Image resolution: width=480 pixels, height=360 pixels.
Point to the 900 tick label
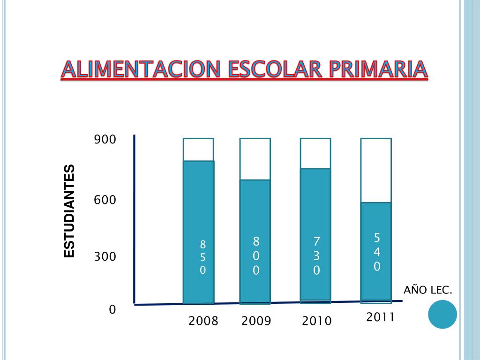tap(105, 140)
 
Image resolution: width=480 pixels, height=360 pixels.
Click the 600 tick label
tap(105, 200)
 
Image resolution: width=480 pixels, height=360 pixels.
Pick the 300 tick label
tap(105, 256)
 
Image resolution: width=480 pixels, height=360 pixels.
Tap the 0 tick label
tap(112, 309)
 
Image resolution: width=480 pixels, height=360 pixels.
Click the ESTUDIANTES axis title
tap(69, 211)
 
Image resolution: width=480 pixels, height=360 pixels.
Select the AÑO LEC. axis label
tap(428, 290)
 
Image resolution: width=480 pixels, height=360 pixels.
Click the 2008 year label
tap(203, 321)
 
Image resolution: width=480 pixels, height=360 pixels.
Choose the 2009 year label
tap(256, 321)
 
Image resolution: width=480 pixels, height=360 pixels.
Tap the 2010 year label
tap(316, 321)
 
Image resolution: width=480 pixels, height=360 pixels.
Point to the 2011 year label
tap(381, 317)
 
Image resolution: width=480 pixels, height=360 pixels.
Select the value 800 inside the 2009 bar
tap(256, 256)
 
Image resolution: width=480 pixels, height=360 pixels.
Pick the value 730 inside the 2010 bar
tap(316, 256)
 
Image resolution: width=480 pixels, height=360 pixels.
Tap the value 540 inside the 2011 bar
tap(377, 252)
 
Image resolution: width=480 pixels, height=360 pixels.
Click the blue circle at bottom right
tap(442, 314)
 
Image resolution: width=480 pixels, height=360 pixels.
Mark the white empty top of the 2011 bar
tap(376, 170)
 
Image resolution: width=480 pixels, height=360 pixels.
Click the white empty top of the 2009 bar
tap(255, 159)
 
